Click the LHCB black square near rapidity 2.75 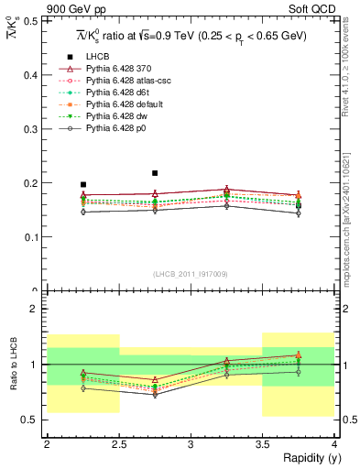[155, 172]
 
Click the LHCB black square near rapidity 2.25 [83, 184]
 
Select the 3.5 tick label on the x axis [262, 444]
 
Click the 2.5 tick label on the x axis [119, 444]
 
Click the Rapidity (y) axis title [307, 458]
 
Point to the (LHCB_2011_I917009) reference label [191, 273]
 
